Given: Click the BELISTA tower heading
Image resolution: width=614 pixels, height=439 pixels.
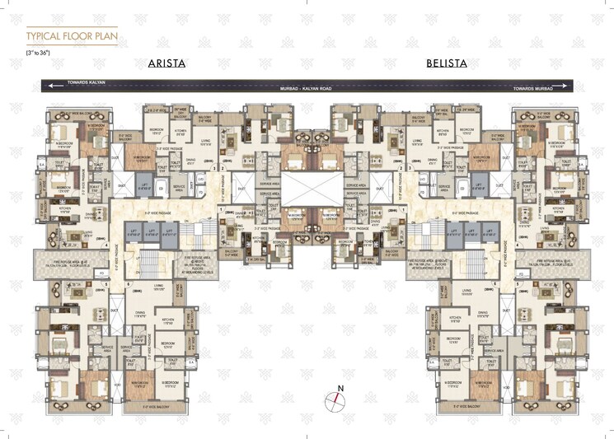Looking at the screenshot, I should pyautogui.click(x=448, y=63).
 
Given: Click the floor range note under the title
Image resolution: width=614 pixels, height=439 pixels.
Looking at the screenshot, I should pyautogui.click(x=39, y=53).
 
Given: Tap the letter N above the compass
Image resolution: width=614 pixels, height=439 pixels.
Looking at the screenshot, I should pyautogui.click(x=338, y=386).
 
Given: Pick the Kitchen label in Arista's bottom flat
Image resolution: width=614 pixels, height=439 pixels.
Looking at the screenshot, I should pyautogui.click(x=167, y=319).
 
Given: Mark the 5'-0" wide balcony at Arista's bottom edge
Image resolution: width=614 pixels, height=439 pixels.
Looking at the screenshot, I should pyautogui.click(x=157, y=405).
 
